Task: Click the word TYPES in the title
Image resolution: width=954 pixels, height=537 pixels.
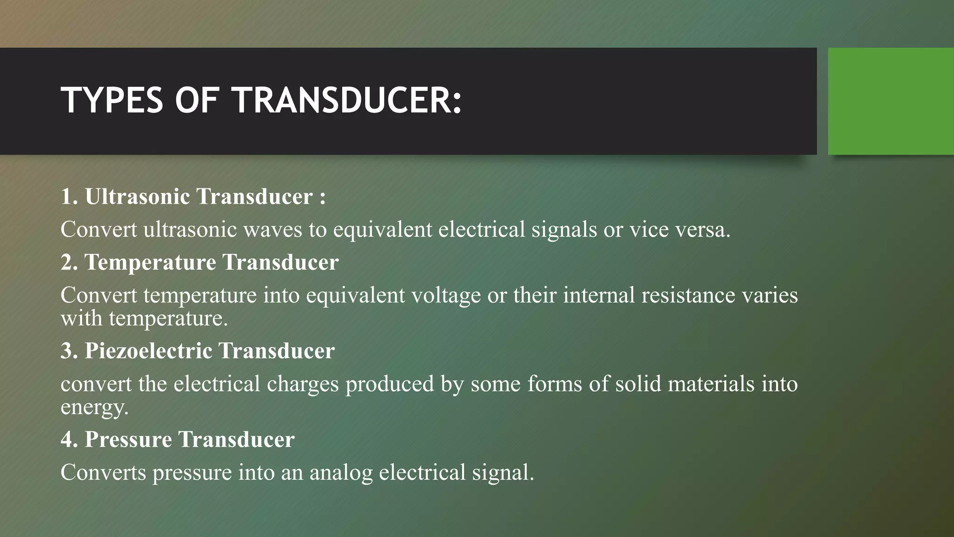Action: (x=112, y=100)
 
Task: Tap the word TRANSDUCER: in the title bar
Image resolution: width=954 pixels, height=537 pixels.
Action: (x=347, y=100)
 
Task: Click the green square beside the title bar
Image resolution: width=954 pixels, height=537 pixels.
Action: (x=891, y=101)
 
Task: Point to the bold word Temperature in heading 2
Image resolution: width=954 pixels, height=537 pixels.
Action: (x=150, y=262)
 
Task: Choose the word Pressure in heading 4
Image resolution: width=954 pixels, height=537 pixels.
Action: (x=128, y=439)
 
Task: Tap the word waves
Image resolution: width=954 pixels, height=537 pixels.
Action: (x=273, y=229)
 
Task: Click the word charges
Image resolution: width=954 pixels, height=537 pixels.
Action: (x=302, y=384)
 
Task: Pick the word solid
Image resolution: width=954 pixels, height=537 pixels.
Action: (x=638, y=384)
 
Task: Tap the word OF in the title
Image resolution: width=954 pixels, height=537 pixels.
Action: (x=197, y=100)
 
